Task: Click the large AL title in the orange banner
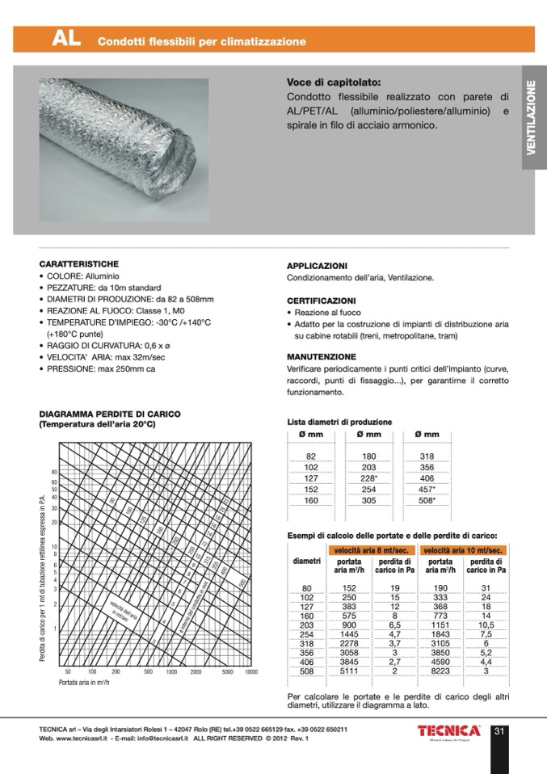click(65, 39)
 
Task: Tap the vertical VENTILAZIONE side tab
click(532, 118)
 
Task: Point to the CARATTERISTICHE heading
click(79, 264)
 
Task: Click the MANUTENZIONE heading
click(322, 356)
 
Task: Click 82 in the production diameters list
click(310, 456)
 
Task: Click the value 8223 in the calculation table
click(441, 670)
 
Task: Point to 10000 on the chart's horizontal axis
click(250, 671)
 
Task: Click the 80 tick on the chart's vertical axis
click(54, 472)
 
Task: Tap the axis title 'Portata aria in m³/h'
click(87, 683)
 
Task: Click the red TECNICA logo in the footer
click(448, 731)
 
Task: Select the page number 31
click(499, 732)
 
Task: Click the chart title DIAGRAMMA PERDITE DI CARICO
click(109, 414)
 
